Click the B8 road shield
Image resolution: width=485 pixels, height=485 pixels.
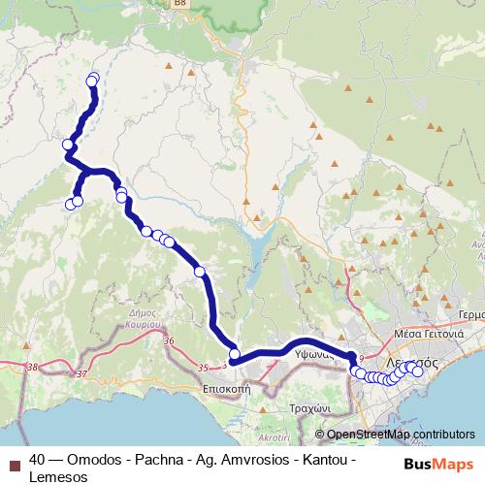(x=180, y=4)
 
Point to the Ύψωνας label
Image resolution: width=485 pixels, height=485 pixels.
(x=315, y=356)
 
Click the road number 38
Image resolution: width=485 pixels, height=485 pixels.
(x=36, y=367)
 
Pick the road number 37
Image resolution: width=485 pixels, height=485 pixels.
(x=81, y=373)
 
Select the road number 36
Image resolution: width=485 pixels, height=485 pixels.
(x=170, y=341)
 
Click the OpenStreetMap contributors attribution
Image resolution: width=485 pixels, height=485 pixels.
(x=400, y=434)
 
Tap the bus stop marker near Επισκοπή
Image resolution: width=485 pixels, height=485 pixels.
(x=234, y=354)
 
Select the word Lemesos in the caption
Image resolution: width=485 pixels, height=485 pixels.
(x=57, y=476)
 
